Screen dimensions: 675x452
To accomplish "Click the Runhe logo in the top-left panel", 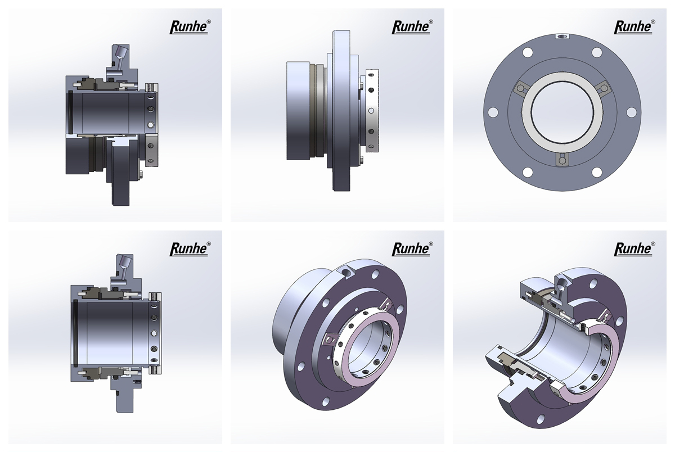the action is click(x=190, y=27).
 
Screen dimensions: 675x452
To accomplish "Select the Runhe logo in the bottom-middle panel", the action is click(x=412, y=249).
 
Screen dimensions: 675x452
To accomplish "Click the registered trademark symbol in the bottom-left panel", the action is click(x=209, y=243).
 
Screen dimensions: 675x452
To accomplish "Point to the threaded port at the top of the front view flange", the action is click(x=562, y=37).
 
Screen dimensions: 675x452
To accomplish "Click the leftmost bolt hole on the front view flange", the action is click(x=493, y=112).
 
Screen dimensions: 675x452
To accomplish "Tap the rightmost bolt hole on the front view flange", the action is click(x=631, y=112).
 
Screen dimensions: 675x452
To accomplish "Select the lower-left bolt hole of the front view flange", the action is click(x=528, y=172).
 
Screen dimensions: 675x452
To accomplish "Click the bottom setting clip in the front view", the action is click(x=562, y=159).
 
